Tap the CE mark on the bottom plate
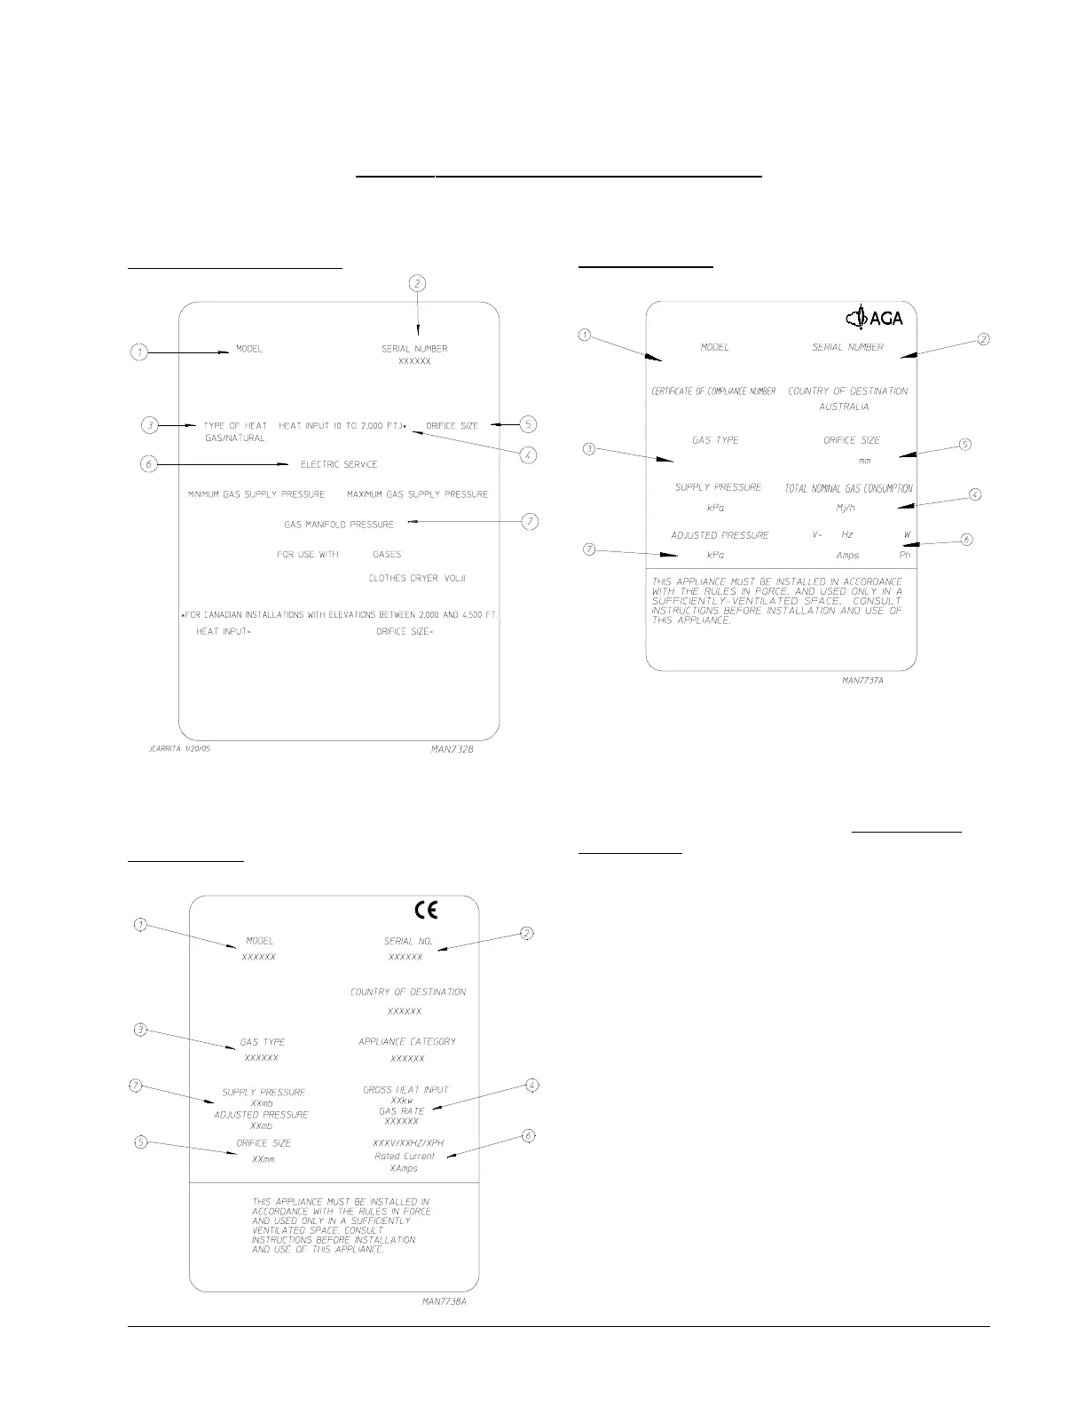[427, 910]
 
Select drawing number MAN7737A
[863, 682]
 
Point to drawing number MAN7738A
[445, 1302]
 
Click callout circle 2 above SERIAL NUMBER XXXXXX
[417, 284]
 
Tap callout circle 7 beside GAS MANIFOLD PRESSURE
[530, 522]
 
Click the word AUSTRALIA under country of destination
[844, 407]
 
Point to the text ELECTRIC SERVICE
[339, 464]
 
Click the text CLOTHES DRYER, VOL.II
[417, 578]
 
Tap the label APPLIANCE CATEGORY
[407, 1041]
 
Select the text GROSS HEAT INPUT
[405, 1089]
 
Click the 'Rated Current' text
[405, 1157]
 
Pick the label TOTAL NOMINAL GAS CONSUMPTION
[848, 488]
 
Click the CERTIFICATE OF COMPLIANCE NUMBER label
[714, 391]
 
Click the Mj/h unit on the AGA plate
[846, 509]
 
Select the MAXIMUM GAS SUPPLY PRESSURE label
[417, 494]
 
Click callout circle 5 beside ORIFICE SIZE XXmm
[140, 1142]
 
